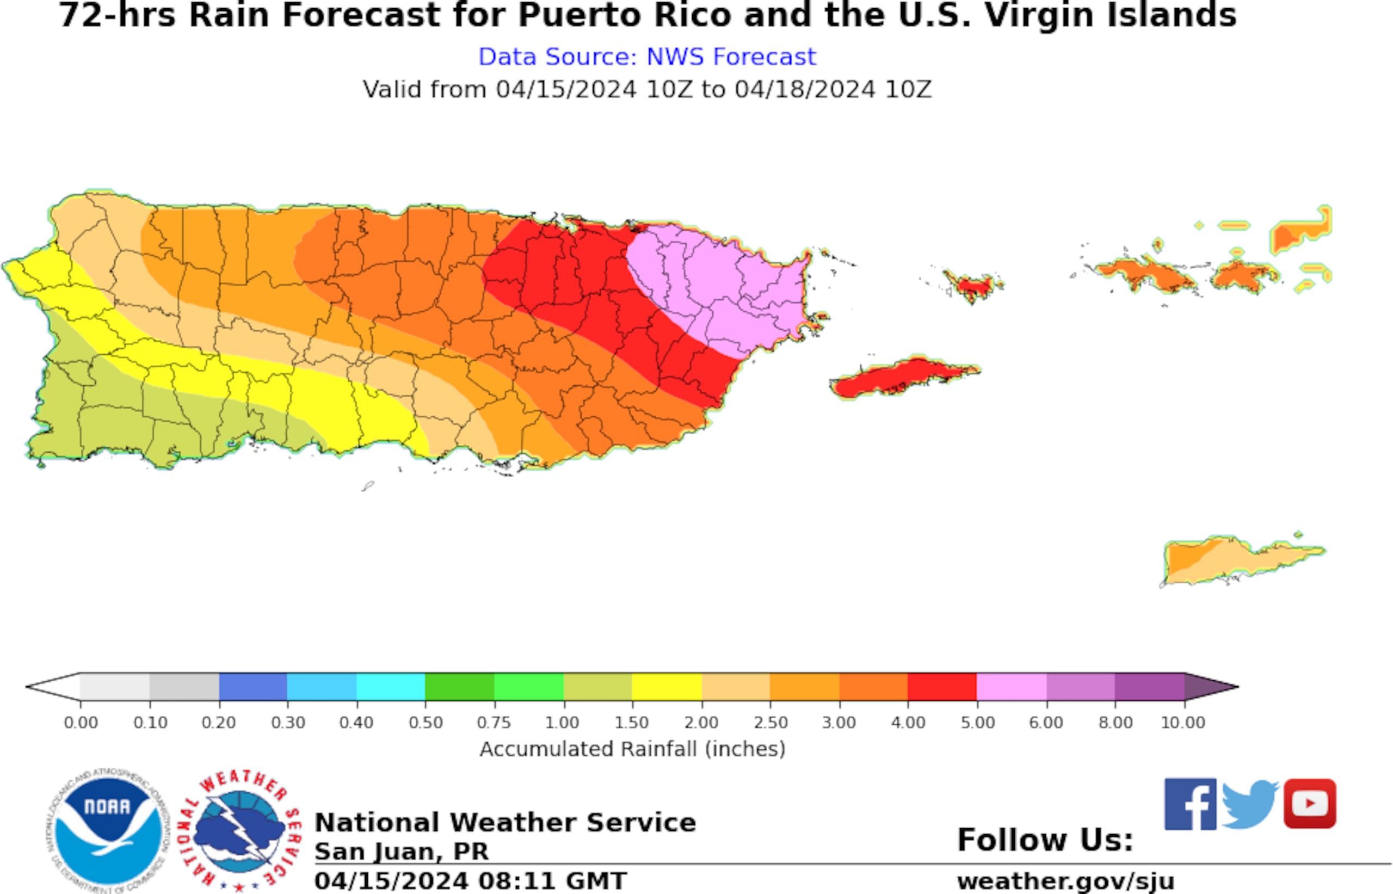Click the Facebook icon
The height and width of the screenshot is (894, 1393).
click(1190, 804)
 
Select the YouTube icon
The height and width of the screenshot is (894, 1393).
click(1310, 804)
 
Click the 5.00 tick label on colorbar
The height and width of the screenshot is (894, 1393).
click(977, 723)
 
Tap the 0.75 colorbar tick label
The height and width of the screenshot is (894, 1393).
click(494, 723)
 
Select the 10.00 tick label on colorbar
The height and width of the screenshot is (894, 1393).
click(1183, 723)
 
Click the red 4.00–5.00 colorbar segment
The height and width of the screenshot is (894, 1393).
click(942, 687)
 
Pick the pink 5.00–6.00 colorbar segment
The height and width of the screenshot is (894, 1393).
click(1012, 687)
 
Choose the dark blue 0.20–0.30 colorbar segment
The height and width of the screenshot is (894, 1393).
click(253, 687)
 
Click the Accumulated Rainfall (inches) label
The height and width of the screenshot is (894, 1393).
click(633, 749)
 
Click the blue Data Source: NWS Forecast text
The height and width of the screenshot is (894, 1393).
click(647, 57)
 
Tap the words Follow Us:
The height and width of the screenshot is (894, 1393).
click(1045, 840)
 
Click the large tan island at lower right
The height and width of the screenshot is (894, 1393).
click(1236, 560)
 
